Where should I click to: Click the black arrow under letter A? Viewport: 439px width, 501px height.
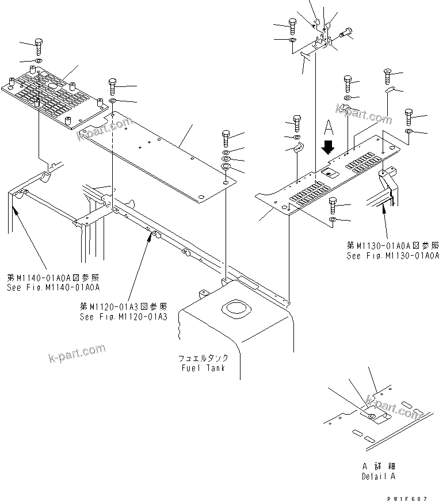pyautogui.click(x=328, y=147)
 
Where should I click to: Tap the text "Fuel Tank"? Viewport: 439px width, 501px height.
pyautogui.click(x=201, y=368)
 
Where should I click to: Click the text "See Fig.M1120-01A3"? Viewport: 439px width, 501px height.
pyautogui.click(x=124, y=317)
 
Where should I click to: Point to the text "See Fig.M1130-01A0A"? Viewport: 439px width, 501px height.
pyautogui.click(x=392, y=256)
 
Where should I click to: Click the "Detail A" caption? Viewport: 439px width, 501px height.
pyautogui.click(x=379, y=476)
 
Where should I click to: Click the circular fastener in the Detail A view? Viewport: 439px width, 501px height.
pyautogui.click(x=371, y=416)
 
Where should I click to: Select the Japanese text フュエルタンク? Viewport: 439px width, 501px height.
pyautogui.click(x=201, y=358)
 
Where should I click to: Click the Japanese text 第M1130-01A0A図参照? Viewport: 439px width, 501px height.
pyautogui.click(x=392, y=246)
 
